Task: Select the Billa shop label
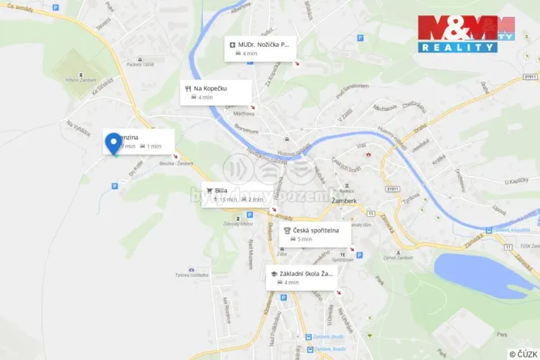222,189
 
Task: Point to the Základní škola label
306,273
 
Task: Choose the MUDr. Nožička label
263,45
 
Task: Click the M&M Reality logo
466,34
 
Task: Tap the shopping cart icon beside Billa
208,190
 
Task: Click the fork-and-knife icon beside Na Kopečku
187,88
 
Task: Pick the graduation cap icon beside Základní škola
273,273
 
